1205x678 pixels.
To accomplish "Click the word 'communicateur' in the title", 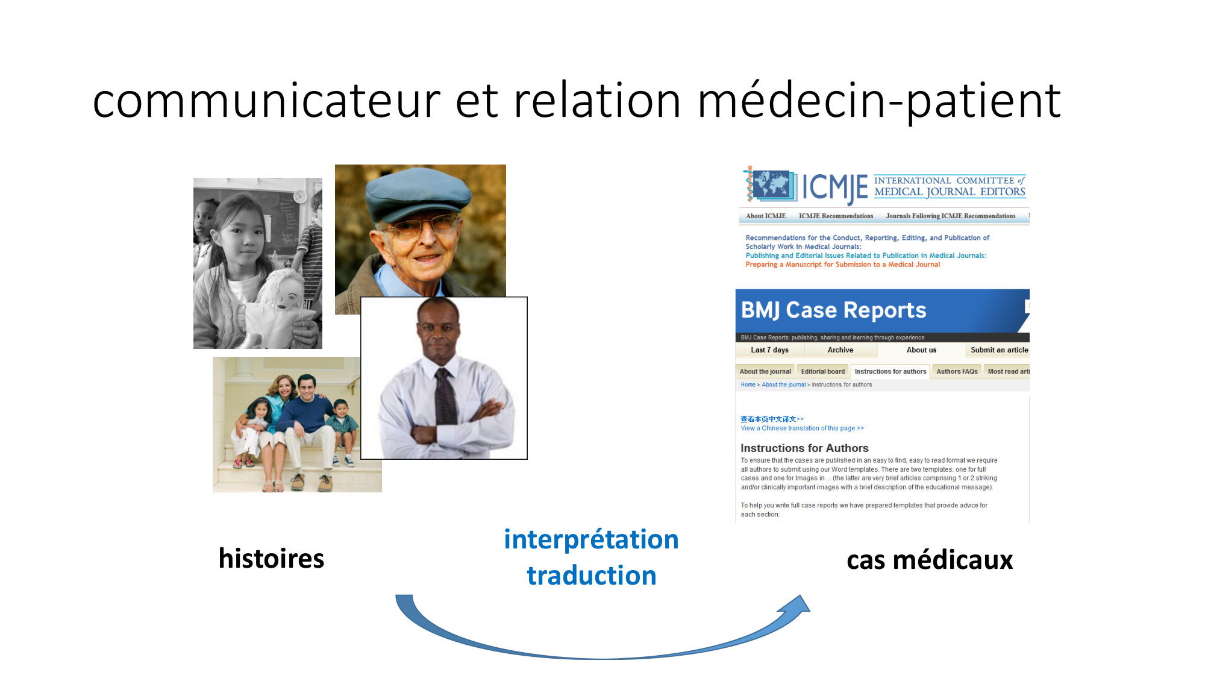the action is point(266,100).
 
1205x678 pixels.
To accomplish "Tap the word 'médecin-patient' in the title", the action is point(879,101).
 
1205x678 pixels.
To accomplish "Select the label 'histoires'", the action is point(271,558).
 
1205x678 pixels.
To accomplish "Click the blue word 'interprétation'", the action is point(591,540).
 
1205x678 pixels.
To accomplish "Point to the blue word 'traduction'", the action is point(591,575).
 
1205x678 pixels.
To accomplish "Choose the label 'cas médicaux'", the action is point(930,560).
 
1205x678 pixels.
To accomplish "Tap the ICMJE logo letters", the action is point(835,187).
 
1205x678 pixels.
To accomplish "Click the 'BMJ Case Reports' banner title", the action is point(833,310).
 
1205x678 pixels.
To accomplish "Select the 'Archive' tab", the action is point(840,350).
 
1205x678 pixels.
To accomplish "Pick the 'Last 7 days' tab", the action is point(769,350).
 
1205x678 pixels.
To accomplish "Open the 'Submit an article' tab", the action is point(999,350).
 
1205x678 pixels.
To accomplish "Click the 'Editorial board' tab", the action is point(822,371).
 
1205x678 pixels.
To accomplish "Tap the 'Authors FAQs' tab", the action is point(957,371).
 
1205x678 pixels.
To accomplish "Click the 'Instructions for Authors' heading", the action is point(804,448).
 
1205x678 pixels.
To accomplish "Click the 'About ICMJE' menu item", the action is point(766,216).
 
